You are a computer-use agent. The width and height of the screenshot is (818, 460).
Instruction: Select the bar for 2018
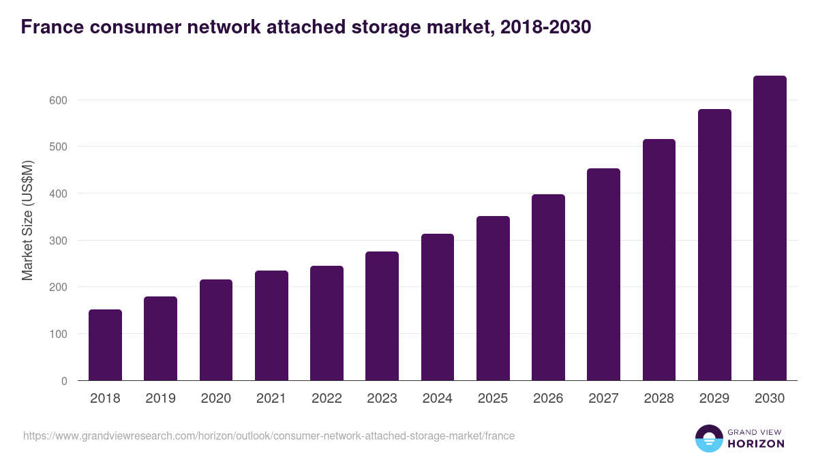pyautogui.click(x=105, y=345)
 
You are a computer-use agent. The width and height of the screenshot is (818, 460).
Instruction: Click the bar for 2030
pyautogui.click(x=770, y=228)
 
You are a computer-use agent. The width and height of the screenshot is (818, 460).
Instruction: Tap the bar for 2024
pyautogui.click(x=438, y=307)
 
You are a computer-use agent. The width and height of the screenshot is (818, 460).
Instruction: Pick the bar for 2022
pyautogui.click(x=327, y=323)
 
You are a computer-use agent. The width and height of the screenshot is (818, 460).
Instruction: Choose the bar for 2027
pyautogui.click(x=603, y=274)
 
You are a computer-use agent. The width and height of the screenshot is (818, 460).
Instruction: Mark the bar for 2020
pyautogui.click(x=216, y=330)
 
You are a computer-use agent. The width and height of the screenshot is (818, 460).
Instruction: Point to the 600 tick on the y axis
pyautogui.click(x=59, y=100)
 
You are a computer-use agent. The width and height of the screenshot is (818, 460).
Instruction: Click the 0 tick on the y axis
pyautogui.click(x=64, y=381)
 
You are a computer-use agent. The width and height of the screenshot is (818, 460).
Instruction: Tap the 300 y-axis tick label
pyautogui.click(x=59, y=241)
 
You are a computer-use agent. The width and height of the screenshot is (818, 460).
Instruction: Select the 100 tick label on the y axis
pyautogui.click(x=59, y=334)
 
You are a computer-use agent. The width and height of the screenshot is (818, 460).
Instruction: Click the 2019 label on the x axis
pyautogui.click(x=160, y=399)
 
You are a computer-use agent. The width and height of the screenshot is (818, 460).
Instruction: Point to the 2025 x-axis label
pyautogui.click(x=493, y=399)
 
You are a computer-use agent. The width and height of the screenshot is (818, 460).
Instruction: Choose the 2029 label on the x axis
pyautogui.click(x=714, y=399)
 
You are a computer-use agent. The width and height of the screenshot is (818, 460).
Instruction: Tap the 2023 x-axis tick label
pyautogui.click(x=382, y=399)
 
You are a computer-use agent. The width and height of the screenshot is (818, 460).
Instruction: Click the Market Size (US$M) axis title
pyautogui.click(x=27, y=220)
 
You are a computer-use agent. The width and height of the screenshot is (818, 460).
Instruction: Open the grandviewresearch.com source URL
pyautogui.click(x=269, y=435)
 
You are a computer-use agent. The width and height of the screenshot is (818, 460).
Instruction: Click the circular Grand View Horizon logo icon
pyautogui.click(x=708, y=438)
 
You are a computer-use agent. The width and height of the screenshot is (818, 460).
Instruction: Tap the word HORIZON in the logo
pyautogui.click(x=756, y=444)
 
